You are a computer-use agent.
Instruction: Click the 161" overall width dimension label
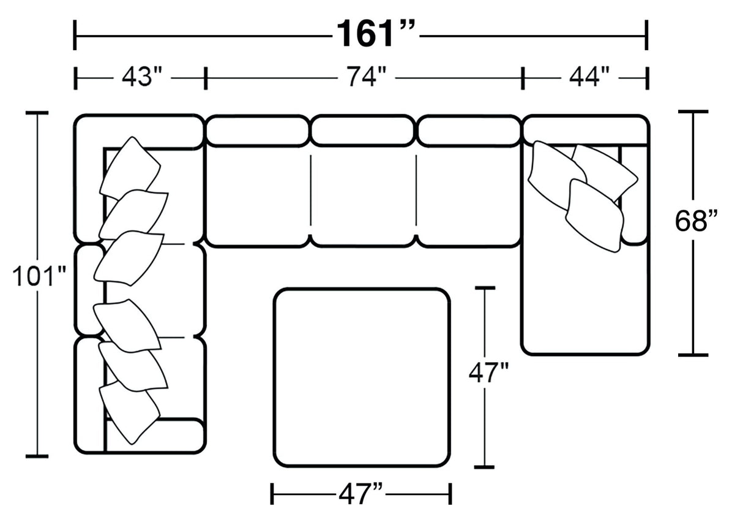(376, 34)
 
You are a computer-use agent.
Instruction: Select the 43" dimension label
(141, 78)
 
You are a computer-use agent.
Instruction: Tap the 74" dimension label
(365, 78)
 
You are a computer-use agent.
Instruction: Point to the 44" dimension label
(589, 78)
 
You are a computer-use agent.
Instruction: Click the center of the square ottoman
(362, 377)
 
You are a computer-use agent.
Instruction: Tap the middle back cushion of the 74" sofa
(363, 131)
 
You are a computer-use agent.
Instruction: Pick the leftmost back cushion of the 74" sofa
(257, 131)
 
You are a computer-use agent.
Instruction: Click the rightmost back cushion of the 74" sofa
(469, 131)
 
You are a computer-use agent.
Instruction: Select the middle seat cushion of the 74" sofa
(363, 196)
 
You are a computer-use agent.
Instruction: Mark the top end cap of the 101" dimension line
(37, 113)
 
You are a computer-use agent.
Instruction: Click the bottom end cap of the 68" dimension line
(693, 354)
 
